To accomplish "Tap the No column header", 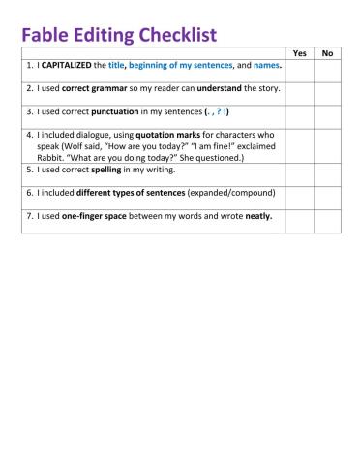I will point(327,53).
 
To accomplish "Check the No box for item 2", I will point(327,91).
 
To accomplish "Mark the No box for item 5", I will point(327,171).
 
